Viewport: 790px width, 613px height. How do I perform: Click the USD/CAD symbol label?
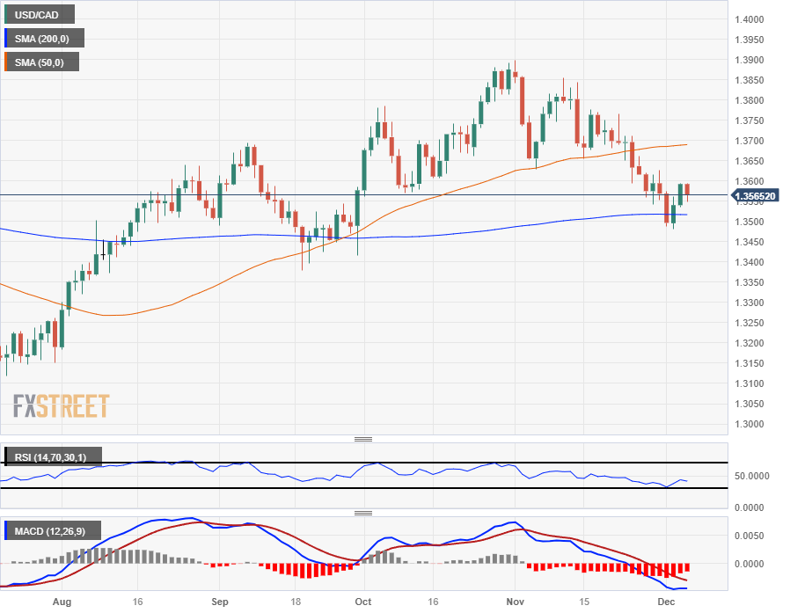point(39,14)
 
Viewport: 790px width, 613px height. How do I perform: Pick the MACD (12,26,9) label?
point(53,531)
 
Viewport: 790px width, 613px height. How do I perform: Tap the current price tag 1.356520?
point(756,196)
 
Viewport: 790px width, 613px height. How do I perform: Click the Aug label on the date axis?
point(62,602)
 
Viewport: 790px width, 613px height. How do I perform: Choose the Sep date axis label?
point(221,602)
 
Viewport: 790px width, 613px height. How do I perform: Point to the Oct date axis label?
point(362,602)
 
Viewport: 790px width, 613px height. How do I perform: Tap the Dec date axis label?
point(666,602)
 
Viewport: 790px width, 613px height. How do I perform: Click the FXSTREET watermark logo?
point(61,406)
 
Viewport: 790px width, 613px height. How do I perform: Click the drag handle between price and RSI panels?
point(362,439)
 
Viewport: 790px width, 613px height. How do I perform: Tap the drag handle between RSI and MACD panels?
point(362,513)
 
